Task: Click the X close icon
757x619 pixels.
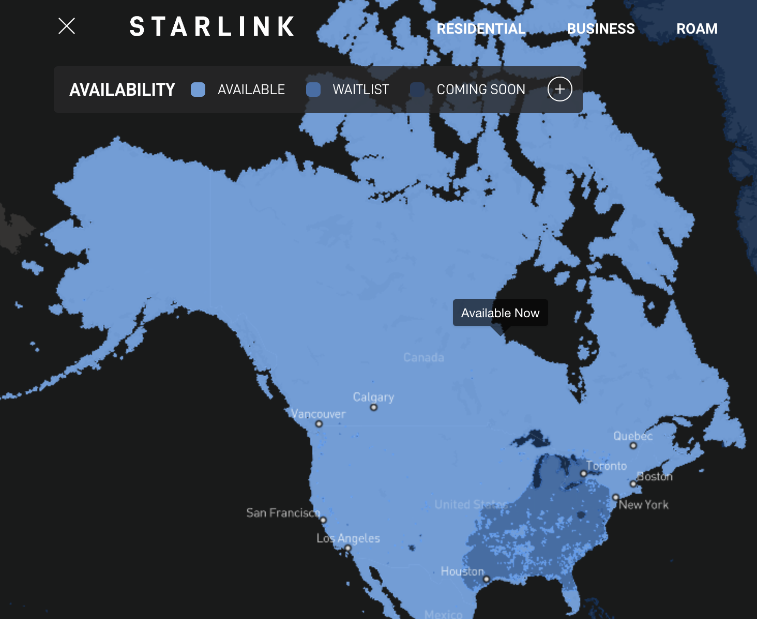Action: point(67,26)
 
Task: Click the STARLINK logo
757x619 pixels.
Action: point(212,27)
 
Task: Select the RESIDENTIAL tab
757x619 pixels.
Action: point(481,29)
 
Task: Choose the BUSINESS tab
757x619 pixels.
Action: point(601,29)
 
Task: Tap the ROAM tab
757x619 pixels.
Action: point(697,29)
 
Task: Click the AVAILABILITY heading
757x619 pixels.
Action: point(123,90)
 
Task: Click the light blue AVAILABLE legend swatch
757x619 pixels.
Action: point(198,90)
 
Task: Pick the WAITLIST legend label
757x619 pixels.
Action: point(360,90)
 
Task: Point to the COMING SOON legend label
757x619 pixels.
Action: point(481,90)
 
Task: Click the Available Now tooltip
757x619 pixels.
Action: point(500,313)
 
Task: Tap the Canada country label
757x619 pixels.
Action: point(423,358)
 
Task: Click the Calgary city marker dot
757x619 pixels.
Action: point(374,407)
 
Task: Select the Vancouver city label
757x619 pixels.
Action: point(318,414)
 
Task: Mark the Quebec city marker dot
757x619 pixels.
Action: point(633,446)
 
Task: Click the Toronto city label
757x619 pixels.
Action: point(607,466)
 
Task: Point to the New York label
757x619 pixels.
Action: point(644,505)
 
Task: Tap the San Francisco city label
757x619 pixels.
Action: point(283,513)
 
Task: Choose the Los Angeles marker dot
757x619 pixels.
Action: point(348,548)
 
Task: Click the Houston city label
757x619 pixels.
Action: point(462,571)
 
